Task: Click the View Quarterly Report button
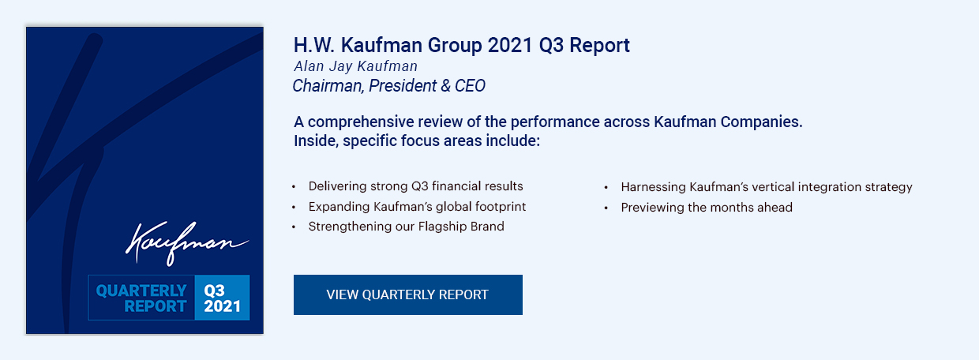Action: click(x=407, y=294)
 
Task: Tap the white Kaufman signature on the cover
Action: click(x=187, y=243)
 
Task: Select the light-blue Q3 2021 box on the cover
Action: click(x=222, y=298)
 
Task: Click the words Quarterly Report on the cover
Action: click(x=141, y=298)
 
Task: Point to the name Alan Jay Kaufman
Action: click(x=356, y=66)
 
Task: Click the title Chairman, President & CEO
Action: click(x=389, y=85)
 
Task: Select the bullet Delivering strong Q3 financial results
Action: click(x=415, y=186)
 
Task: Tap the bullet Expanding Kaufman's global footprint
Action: click(x=417, y=207)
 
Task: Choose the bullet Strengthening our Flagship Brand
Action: click(x=406, y=227)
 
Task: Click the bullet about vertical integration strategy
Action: click(x=767, y=187)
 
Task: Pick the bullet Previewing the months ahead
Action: click(x=707, y=207)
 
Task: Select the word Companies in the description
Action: click(x=761, y=122)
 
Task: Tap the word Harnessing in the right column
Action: click(x=654, y=187)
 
